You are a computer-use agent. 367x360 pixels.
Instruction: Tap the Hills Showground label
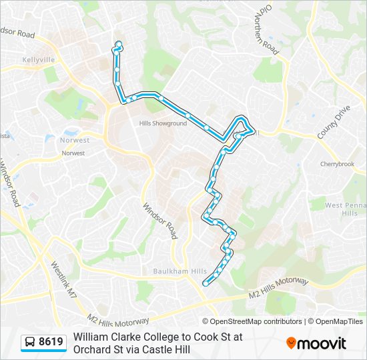163,123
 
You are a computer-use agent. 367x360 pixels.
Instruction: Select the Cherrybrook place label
337,164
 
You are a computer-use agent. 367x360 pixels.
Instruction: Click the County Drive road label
334,122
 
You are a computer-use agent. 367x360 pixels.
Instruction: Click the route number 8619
51,342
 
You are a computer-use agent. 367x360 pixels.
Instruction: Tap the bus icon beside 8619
30,343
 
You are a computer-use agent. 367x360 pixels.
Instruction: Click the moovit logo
316,343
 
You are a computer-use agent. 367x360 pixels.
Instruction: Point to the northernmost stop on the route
119,45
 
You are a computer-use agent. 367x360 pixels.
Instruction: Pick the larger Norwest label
75,141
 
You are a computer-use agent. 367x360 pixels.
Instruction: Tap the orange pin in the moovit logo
291,343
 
